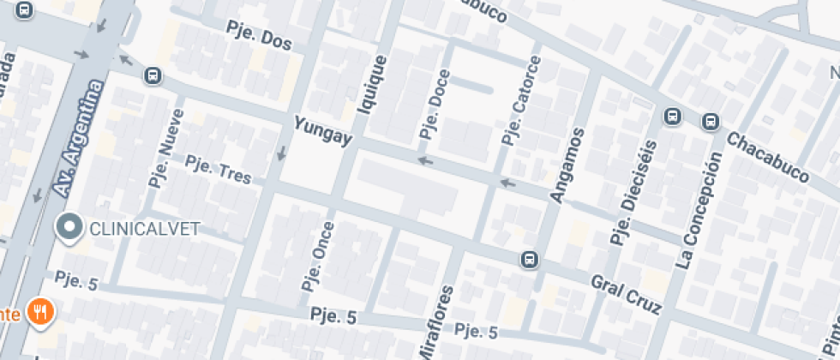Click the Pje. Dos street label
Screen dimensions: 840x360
pyautogui.click(x=259, y=37)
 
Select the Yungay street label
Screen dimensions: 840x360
pyautogui.click(x=322, y=131)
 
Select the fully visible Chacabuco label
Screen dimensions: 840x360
pyautogui.click(x=768, y=157)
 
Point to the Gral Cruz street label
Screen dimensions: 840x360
pyautogui.click(x=627, y=292)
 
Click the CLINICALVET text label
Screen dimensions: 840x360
pyautogui.click(x=144, y=228)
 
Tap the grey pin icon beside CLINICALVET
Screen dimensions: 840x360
pyautogui.click(x=68, y=227)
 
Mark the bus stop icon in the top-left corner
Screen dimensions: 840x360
pyautogui.click(x=25, y=10)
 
